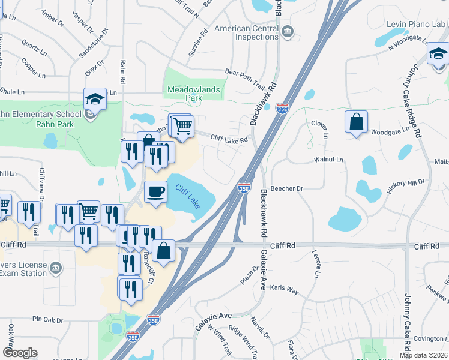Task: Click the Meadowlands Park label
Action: pyautogui.click(x=193, y=93)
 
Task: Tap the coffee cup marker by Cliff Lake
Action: pyautogui.click(x=156, y=192)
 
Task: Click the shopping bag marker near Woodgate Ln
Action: pyautogui.click(x=357, y=122)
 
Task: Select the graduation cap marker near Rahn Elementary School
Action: pyautogui.click(x=95, y=99)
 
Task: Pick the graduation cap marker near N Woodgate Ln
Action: pyautogui.click(x=438, y=56)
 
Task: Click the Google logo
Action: pyautogui.click(x=20, y=352)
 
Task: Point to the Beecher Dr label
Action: pyautogui.click(x=287, y=188)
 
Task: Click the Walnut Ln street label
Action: pyautogui.click(x=328, y=160)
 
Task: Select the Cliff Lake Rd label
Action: pyautogui.click(x=229, y=140)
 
